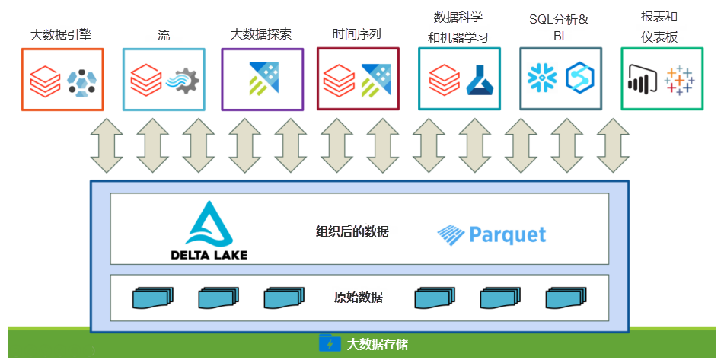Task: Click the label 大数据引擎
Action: (62, 34)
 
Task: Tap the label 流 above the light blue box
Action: (163, 34)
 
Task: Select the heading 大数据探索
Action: (261, 34)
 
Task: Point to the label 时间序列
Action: (357, 34)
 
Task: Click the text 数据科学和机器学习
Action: (458, 27)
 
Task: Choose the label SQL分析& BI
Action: (559, 27)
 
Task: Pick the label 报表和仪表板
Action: (659, 27)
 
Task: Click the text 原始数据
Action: (359, 297)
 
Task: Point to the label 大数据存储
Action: (378, 344)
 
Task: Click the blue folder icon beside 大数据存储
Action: (330, 343)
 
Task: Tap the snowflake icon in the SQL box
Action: (543, 78)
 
